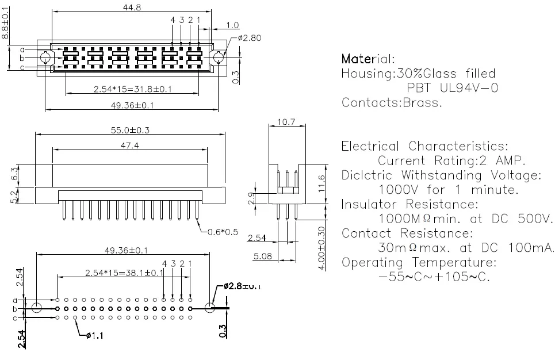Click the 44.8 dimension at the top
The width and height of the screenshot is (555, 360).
(132, 7)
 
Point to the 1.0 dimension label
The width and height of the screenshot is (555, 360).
(232, 25)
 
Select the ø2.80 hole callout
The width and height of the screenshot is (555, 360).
(250, 38)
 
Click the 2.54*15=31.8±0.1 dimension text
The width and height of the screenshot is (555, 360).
(133, 89)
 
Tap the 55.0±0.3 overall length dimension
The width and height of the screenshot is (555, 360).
(130, 130)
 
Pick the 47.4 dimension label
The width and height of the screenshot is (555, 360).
(129, 145)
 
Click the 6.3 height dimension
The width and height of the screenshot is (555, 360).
(14, 174)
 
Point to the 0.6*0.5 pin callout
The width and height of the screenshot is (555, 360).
(222, 232)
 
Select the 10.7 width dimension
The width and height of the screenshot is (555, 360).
(286, 122)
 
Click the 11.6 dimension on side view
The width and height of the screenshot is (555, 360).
(321, 183)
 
